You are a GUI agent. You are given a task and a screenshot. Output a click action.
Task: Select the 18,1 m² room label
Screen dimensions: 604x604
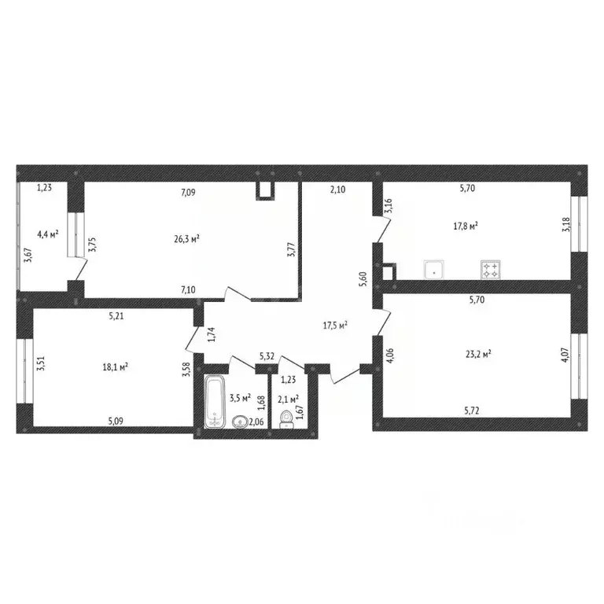point(116,366)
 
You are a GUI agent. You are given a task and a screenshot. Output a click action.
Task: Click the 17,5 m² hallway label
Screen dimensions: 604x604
point(336,324)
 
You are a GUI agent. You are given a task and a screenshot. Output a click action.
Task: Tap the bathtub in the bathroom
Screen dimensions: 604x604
point(214,403)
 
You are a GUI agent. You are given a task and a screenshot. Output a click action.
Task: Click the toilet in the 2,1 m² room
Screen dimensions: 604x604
point(287,418)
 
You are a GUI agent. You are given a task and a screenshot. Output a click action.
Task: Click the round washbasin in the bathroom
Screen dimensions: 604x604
point(240,422)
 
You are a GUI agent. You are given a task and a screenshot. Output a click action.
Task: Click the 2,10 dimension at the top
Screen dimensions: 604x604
point(337,189)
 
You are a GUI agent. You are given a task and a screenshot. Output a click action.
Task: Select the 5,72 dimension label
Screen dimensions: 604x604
point(472,411)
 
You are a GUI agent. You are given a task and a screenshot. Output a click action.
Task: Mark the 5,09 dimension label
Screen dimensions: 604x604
point(116,419)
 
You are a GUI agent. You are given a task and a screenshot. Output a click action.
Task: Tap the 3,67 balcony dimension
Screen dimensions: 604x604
point(28,256)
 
